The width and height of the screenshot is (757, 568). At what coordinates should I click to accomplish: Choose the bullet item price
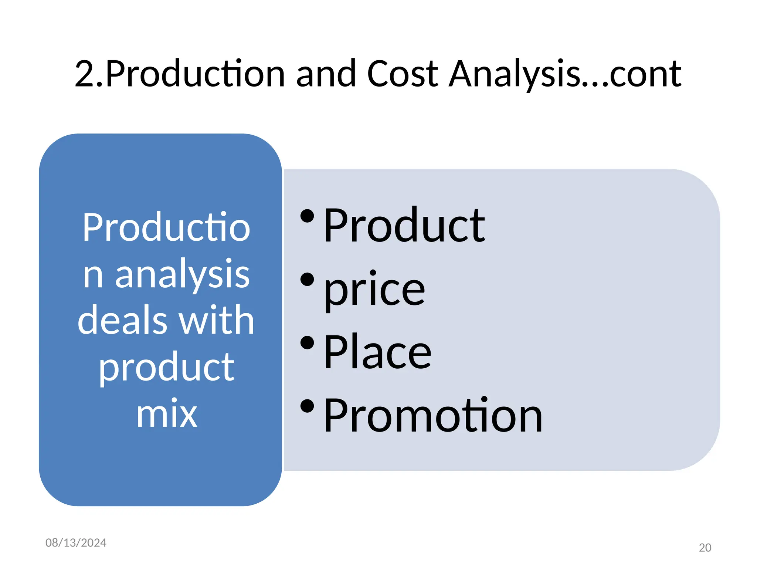coord(374,290)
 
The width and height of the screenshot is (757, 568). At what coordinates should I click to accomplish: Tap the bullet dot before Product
coord(307,216)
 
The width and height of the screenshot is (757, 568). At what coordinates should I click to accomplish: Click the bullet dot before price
coord(307,280)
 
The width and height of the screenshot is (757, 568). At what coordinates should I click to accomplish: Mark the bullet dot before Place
coord(307,343)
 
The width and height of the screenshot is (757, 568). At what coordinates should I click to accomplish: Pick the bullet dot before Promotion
coord(307,406)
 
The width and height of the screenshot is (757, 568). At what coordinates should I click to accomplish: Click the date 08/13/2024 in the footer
coord(76,542)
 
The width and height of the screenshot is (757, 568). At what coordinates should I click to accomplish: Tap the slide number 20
coord(705,548)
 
